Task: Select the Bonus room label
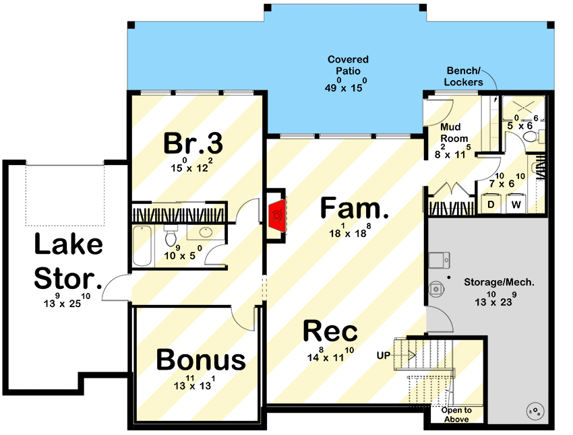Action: point(201,360)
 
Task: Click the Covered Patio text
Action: point(348,65)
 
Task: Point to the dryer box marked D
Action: point(491,203)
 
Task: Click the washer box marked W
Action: point(516,203)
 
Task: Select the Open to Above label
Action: point(457,415)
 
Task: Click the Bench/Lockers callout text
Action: point(464,77)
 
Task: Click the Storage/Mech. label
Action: point(499,282)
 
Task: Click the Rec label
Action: point(330,331)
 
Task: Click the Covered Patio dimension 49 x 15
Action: point(348,86)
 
